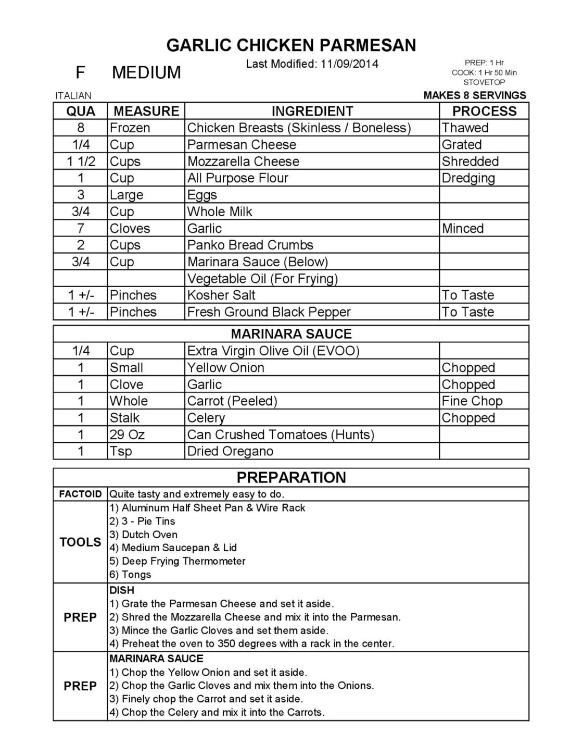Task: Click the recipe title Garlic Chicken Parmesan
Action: click(x=291, y=45)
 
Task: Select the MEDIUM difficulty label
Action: click(x=146, y=72)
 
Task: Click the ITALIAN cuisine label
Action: click(x=73, y=96)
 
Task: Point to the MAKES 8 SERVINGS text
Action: click(x=475, y=95)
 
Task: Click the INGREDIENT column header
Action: click(x=312, y=111)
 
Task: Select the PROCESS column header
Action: click(x=484, y=111)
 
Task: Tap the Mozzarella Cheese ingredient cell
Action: click(x=243, y=162)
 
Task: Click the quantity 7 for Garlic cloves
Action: click(x=81, y=228)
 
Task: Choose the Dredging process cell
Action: click(x=468, y=178)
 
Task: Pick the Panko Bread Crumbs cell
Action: click(x=250, y=245)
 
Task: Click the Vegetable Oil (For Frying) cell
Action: click(x=262, y=279)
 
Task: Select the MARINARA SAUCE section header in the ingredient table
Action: click(x=291, y=334)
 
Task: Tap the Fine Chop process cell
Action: click(x=472, y=401)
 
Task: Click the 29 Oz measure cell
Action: click(x=128, y=435)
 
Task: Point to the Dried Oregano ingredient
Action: click(x=230, y=451)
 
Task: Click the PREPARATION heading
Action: click(x=291, y=477)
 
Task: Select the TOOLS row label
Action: click(x=80, y=542)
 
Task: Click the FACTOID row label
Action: click(x=80, y=494)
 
